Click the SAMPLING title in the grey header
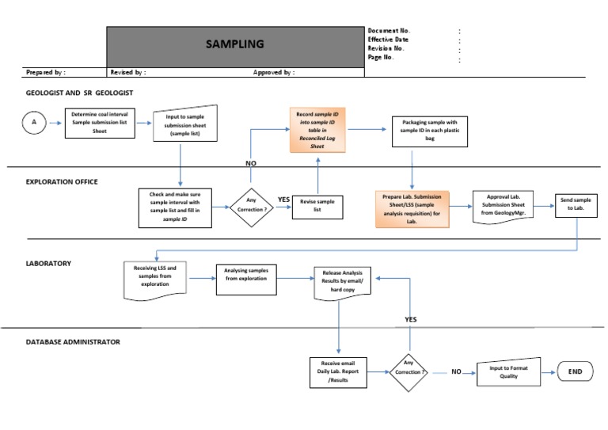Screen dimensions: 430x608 click(235, 44)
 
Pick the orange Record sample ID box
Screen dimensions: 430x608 click(317, 129)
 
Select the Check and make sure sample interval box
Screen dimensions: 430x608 click(174, 207)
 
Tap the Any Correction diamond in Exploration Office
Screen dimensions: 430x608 click(251, 207)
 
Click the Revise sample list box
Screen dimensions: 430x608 click(317, 207)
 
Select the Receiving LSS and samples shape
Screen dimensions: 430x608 click(155, 279)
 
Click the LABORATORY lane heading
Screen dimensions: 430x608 click(50, 263)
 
